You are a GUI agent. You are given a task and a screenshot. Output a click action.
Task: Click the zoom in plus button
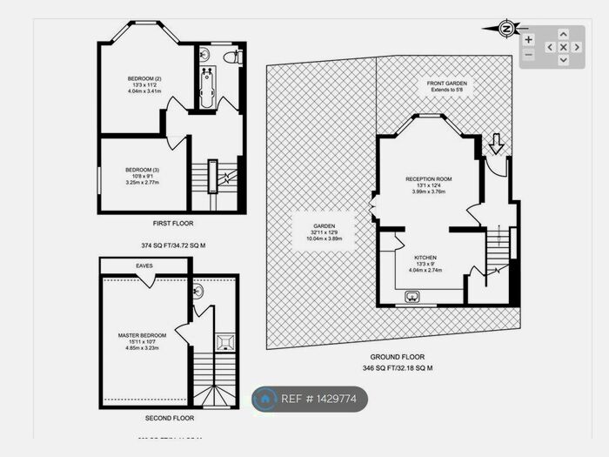coord(528,39)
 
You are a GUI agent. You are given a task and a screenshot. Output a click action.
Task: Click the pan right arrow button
coord(576,47)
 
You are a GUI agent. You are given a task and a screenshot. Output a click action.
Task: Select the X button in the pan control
coord(563,47)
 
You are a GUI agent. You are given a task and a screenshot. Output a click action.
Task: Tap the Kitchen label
coord(425,258)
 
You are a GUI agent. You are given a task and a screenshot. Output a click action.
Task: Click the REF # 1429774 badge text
coord(319,399)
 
